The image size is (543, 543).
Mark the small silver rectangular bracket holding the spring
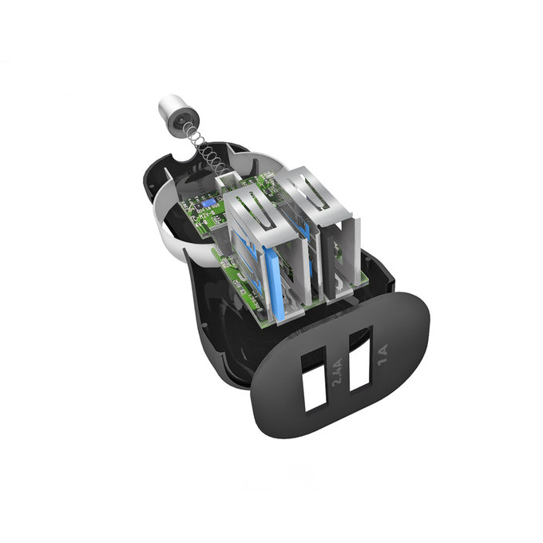[x=225, y=176]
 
